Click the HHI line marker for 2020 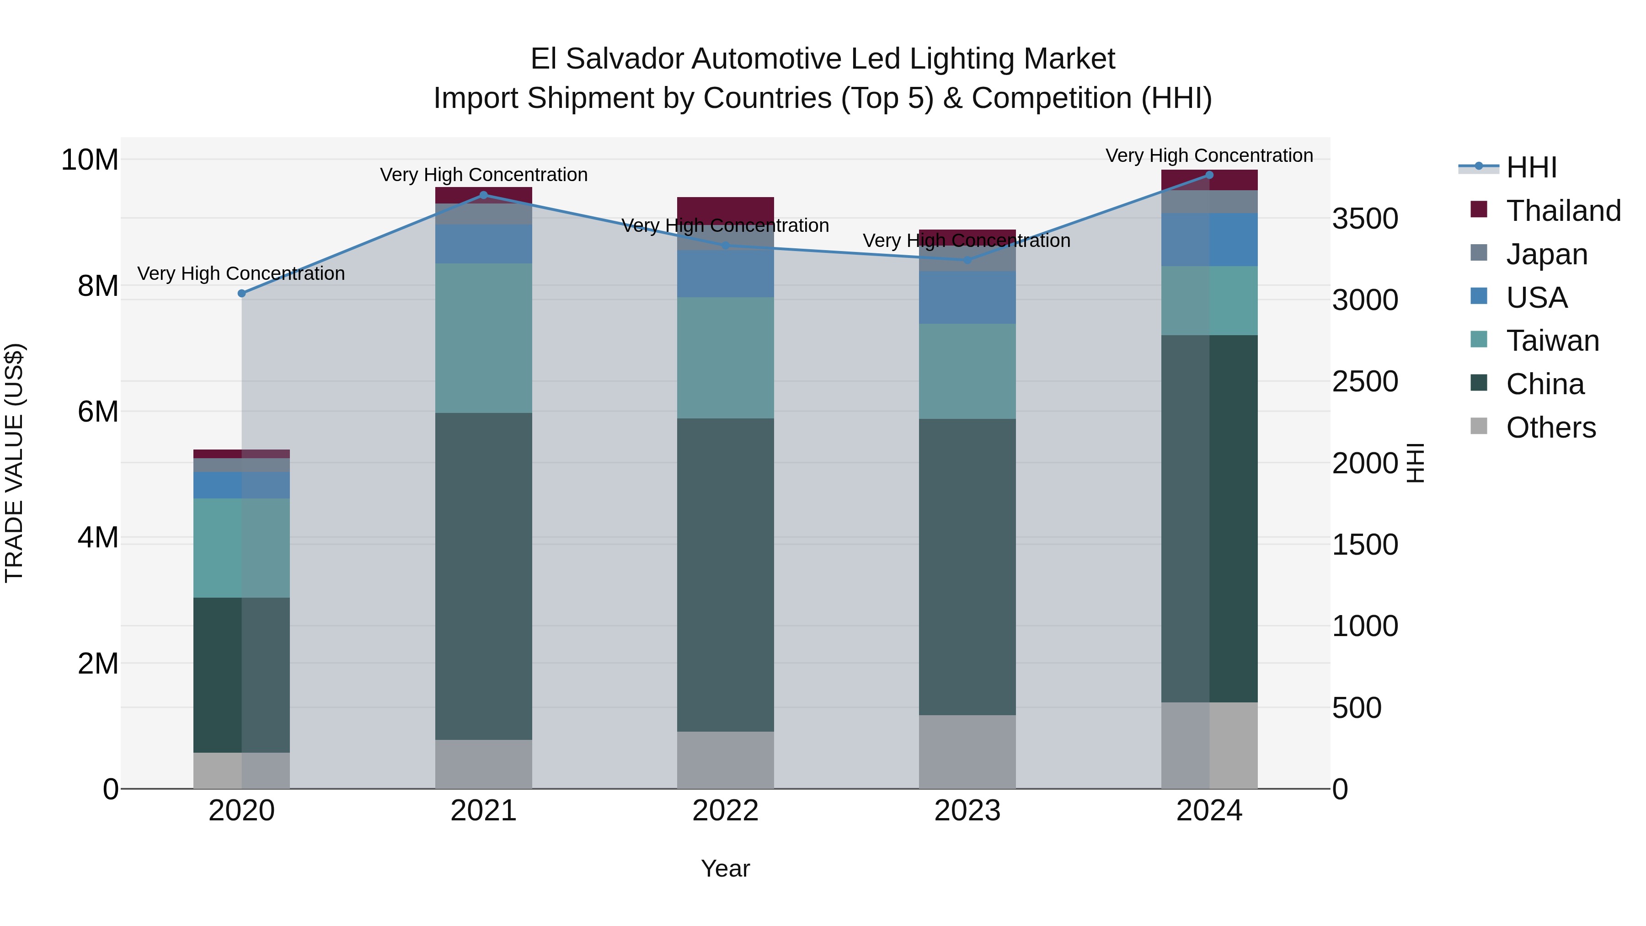[241, 293]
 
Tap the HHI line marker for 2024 [1209, 175]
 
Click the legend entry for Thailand [1563, 211]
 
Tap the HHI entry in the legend [1531, 167]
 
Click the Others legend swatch [1479, 426]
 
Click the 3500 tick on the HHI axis [1365, 219]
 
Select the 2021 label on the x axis [483, 811]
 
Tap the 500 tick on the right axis [1357, 708]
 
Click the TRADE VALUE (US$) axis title [14, 463]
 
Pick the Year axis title [725, 868]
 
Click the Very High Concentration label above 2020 [241, 273]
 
